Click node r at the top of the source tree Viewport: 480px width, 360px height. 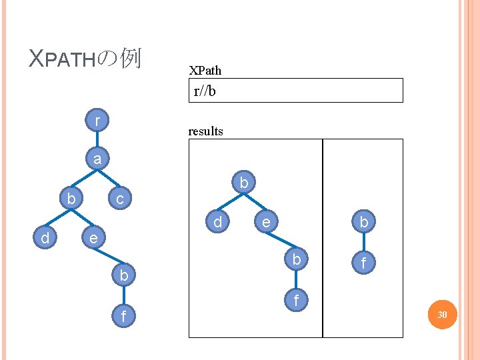point(98,121)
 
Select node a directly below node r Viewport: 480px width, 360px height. point(98,159)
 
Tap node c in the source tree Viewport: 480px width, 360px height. point(119,199)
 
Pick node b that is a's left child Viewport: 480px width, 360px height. point(71,199)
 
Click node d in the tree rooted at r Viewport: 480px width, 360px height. point(45,237)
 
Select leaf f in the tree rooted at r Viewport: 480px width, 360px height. point(124,314)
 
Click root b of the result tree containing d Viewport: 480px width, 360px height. point(244,182)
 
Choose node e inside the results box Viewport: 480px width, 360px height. point(266,221)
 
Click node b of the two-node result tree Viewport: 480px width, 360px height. point(364,221)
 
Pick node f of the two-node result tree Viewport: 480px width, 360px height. point(364,263)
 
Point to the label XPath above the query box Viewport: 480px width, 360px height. point(205,70)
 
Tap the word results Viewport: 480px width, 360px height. point(206,131)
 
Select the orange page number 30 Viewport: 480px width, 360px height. point(442,314)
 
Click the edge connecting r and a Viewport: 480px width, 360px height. point(98,141)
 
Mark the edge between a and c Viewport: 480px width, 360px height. point(109,179)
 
